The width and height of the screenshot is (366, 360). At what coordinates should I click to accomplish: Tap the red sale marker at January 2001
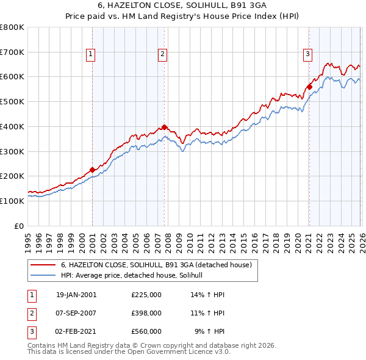[92, 170]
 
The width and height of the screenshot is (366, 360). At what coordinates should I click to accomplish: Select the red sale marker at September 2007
[164, 127]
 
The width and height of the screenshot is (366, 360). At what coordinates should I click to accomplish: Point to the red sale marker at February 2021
[309, 87]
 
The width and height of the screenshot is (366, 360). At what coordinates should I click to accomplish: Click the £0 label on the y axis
[18, 226]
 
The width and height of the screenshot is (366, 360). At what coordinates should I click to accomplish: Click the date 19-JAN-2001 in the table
[76, 294]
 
